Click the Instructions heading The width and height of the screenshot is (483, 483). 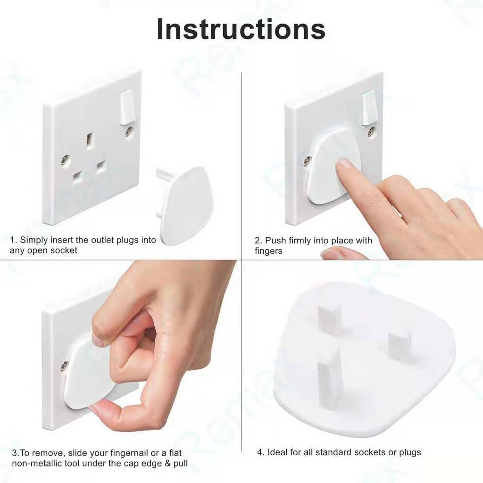[x=241, y=29]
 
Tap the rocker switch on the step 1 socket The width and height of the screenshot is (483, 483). [x=128, y=107]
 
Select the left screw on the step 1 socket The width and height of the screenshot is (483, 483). [x=65, y=160]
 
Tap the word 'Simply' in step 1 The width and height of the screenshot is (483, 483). [x=34, y=240]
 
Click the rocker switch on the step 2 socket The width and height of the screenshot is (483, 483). [x=369, y=107]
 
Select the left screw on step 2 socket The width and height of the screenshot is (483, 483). [x=307, y=161]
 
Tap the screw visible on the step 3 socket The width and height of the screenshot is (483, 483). [x=64, y=366]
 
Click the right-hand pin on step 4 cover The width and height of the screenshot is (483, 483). [x=400, y=346]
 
